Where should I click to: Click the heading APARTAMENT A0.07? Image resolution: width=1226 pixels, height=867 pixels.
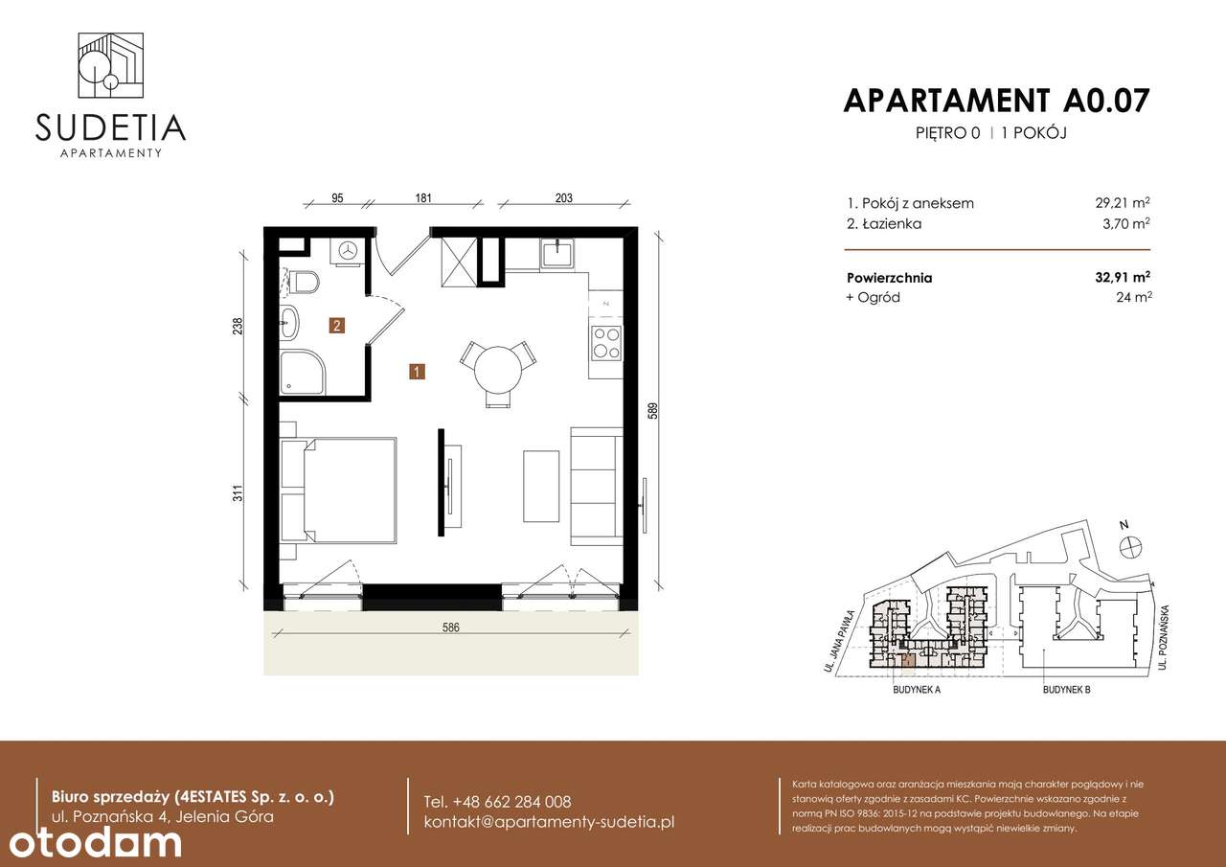click(x=996, y=100)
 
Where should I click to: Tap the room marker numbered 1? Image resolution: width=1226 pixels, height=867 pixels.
click(x=417, y=371)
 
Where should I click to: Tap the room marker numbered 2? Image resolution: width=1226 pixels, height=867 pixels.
click(x=337, y=326)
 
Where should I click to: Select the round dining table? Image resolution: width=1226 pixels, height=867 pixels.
click(x=496, y=364)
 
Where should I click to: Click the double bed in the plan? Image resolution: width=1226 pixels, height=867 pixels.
click(x=338, y=491)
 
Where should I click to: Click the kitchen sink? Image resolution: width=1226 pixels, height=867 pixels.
click(x=556, y=254)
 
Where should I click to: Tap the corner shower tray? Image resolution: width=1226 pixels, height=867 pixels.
click(x=301, y=373)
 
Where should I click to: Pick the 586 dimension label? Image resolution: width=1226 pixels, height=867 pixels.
click(x=451, y=628)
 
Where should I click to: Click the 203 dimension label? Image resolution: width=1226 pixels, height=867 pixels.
click(x=563, y=198)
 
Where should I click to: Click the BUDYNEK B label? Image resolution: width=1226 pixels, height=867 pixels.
click(x=1067, y=689)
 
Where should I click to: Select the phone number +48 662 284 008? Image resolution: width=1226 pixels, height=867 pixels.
click(x=497, y=802)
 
